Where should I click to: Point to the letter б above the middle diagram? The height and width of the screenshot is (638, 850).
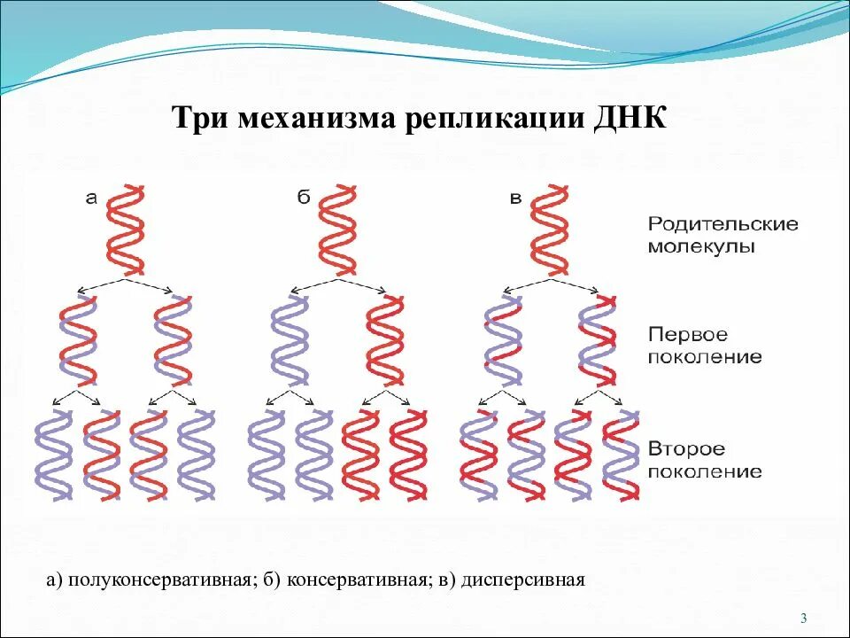click(x=303, y=198)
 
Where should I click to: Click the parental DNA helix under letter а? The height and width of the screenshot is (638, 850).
click(x=126, y=228)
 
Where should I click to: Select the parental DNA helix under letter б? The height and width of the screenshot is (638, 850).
click(x=337, y=228)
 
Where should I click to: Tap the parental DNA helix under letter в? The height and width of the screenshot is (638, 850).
click(x=549, y=228)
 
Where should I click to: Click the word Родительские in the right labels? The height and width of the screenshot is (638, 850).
click(x=722, y=224)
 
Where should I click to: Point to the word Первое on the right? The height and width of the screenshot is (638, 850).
click(x=688, y=335)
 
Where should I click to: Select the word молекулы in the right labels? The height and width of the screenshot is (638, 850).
click(x=701, y=247)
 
